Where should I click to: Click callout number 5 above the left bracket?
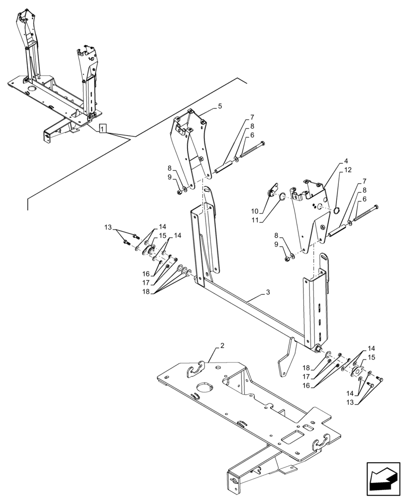pos(220,107)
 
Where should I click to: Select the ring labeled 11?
pos(282,198)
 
